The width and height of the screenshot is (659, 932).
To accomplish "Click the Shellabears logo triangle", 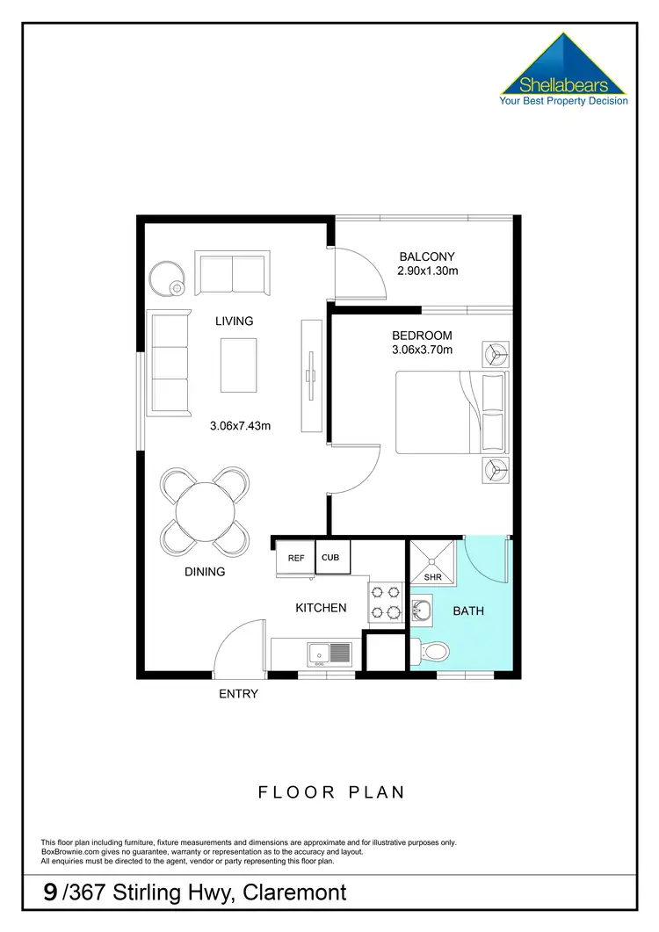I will point(563,66).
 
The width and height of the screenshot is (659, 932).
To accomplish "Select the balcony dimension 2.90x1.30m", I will point(429,271).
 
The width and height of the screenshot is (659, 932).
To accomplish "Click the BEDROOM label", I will point(422,336).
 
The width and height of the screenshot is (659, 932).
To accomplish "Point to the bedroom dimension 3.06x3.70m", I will point(422,350).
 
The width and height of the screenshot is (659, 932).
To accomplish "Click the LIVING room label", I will point(235,322).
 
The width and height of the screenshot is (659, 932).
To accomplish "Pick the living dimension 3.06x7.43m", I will point(240,427).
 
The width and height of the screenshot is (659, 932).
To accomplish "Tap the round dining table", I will point(205,510).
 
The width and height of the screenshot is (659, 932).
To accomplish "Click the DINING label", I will point(205,572).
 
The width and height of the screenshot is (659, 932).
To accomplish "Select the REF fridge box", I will point(295,558).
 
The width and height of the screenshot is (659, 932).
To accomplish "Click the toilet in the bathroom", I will point(432,651).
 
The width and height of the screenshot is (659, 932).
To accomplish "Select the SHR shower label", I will point(432,577).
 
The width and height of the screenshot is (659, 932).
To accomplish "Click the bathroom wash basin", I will point(421,608).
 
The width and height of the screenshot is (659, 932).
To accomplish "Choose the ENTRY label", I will point(238,694).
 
